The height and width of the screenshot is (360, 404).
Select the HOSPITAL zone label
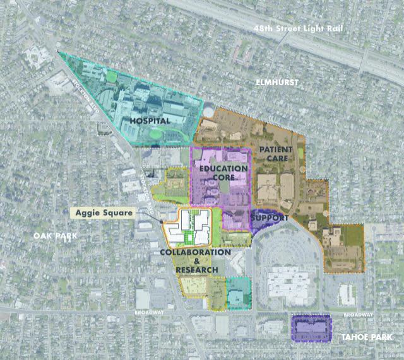click(150, 120)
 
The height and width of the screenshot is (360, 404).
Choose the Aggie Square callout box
click(104, 213)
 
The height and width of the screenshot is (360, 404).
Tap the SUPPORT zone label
click(270, 218)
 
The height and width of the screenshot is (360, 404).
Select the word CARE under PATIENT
click(277, 159)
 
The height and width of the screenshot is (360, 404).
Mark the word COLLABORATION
click(195, 253)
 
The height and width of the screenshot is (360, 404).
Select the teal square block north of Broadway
click(238, 293)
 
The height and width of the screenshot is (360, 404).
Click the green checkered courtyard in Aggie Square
click(187, 237)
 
